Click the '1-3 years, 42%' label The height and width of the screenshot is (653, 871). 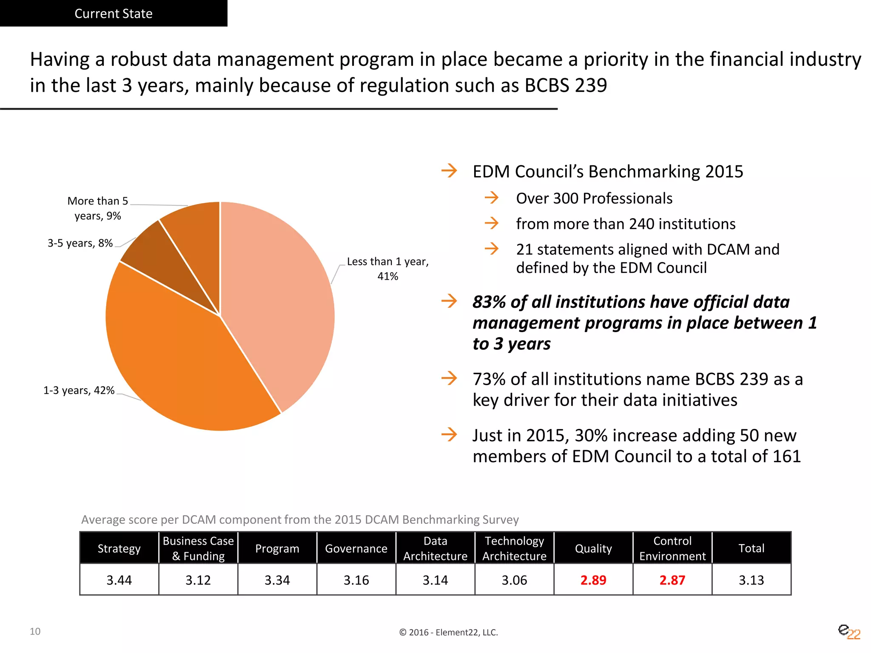[79, 390]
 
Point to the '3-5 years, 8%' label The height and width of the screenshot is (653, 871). [80, 243]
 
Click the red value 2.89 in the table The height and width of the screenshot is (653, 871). [593, 580]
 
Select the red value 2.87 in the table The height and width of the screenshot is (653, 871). [672, 580]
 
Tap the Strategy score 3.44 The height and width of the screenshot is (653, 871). [119, 580]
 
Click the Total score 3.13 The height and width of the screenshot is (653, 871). [751, 580]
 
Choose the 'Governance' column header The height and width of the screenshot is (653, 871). [356, 548]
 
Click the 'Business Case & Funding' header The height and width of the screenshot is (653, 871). [198, 548]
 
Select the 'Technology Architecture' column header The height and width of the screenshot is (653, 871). [514, 548]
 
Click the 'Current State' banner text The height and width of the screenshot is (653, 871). [114, 14]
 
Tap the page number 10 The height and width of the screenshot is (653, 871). [35, 631]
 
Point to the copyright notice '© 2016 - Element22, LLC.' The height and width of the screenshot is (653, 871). [448, 632]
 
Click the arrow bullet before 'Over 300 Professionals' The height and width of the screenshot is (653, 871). [492, 198]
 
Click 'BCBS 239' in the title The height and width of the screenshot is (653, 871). [566, 85]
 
